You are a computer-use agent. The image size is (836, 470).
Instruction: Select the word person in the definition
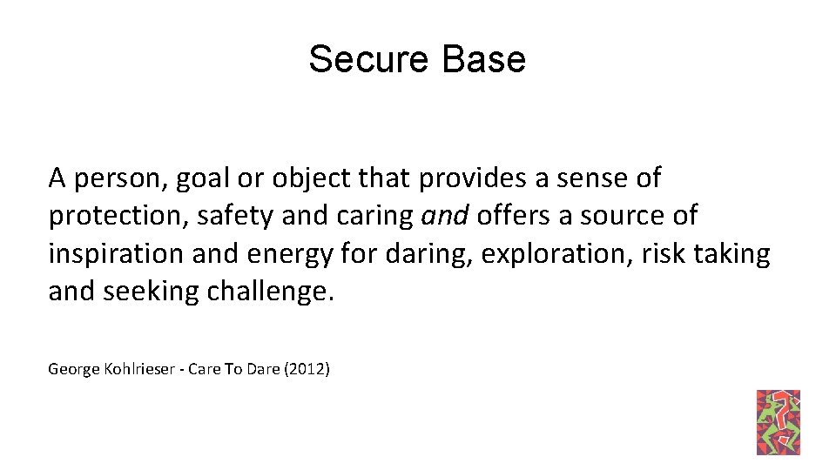tap(119, 179)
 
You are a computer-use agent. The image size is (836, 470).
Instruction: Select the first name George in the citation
tap(72, 369)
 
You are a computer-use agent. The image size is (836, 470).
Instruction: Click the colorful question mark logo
tap(779, 422)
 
